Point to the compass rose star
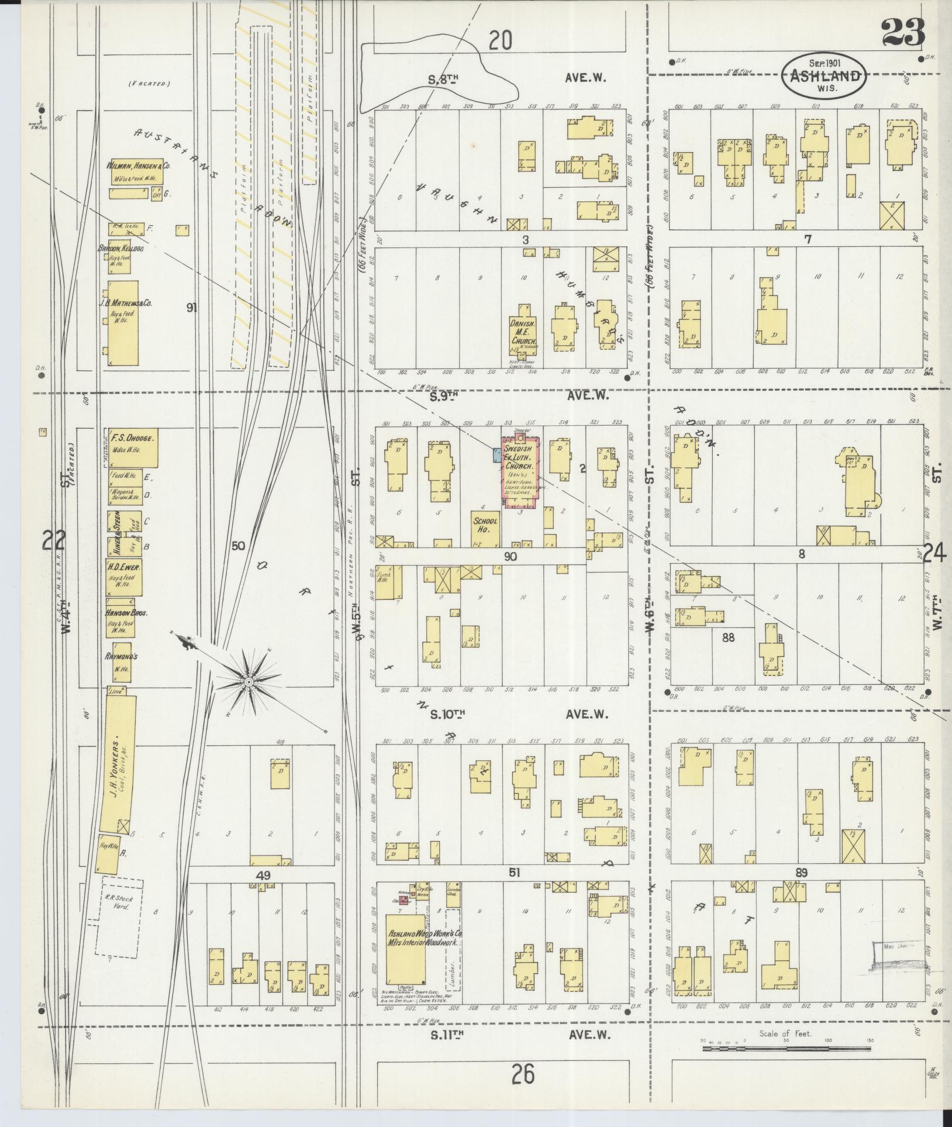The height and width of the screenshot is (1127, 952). (x=249, y=682)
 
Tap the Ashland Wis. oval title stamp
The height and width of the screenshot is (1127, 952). (x=825, y=75)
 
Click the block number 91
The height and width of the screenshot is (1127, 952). (x=191, y=307)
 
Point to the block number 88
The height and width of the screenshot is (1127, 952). (x=727, y=637)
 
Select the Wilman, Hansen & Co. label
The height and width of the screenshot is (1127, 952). (x=138, y=166)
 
